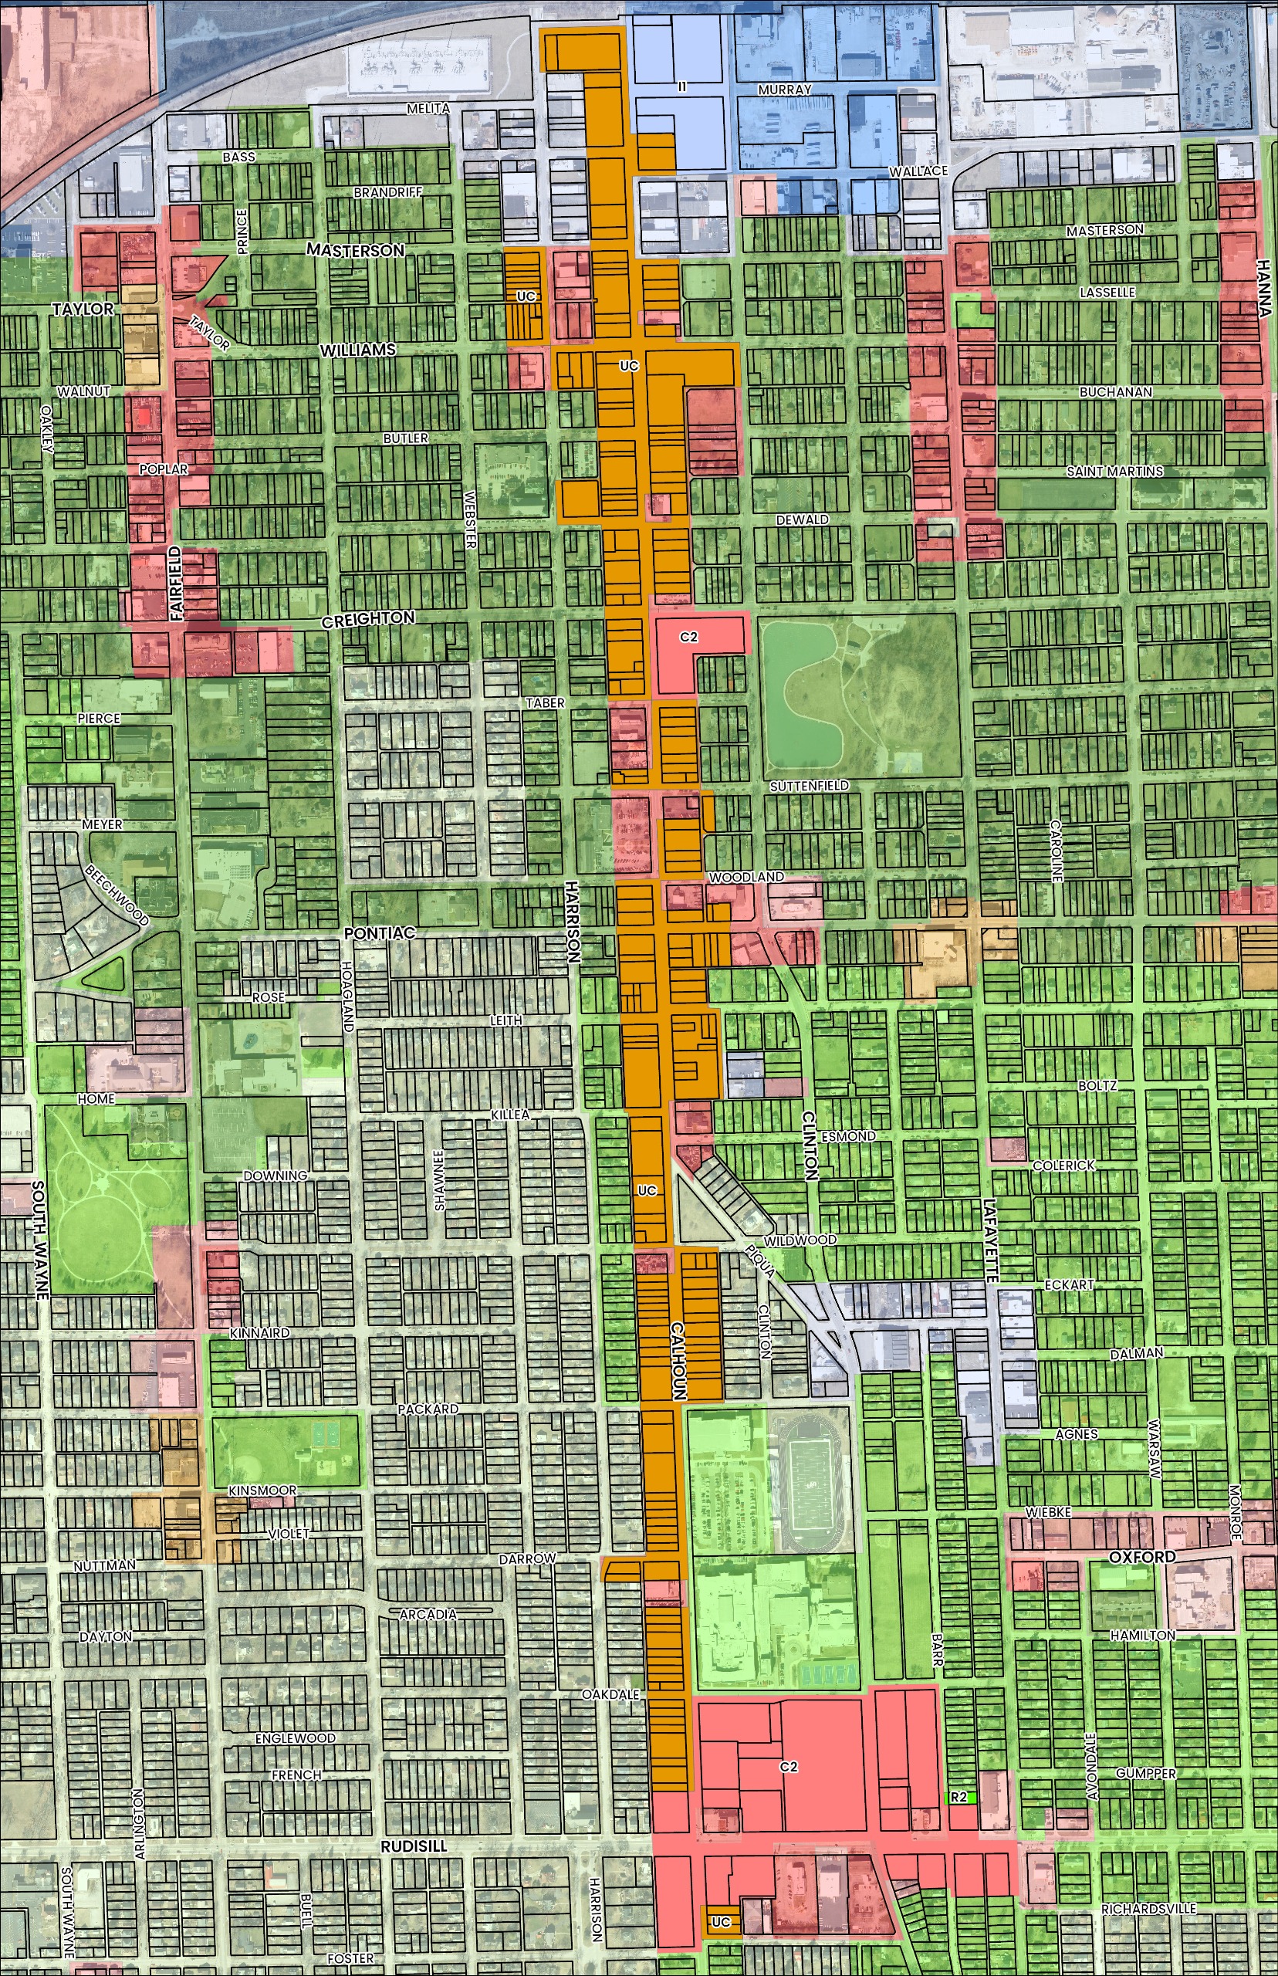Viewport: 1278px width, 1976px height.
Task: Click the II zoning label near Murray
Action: pos(682,86)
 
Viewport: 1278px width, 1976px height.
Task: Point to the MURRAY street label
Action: pos(784,89)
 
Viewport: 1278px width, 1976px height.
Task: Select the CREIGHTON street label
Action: pos(367,618)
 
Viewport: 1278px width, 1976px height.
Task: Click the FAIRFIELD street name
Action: pos(176,584)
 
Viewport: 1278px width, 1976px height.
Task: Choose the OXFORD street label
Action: pos(1142,1558)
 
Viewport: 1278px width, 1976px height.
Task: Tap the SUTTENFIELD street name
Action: pos(808,785)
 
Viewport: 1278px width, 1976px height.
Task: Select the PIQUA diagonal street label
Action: pos(760,1260)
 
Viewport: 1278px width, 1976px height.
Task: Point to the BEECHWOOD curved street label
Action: pos(117,896)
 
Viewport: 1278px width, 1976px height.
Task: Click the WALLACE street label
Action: pos(918,171)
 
